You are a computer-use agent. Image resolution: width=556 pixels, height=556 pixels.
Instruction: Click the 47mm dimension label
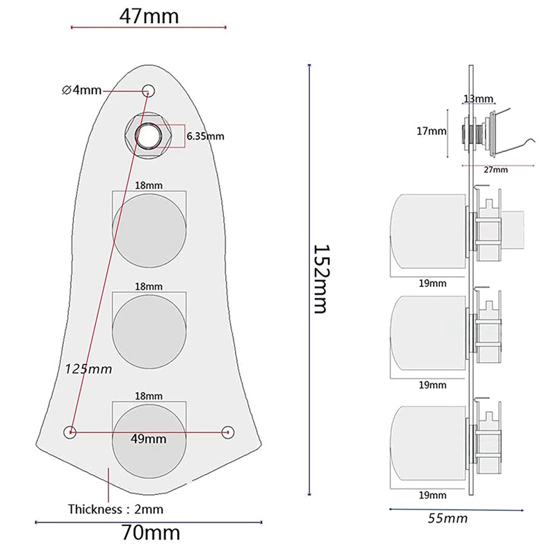point(149,15)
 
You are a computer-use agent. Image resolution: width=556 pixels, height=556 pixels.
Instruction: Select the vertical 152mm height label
point(319,278)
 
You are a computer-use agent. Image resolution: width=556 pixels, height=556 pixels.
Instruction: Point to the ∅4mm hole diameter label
point(81,90)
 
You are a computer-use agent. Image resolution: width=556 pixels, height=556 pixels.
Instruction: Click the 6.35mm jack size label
point(205,136)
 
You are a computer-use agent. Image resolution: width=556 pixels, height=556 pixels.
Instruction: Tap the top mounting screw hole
point(148,90)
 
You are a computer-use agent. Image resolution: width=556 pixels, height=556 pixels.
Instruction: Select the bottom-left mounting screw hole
point(70,432)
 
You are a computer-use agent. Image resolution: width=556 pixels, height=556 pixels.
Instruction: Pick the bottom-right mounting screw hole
point(227,432)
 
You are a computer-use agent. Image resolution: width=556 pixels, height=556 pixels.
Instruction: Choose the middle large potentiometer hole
point(149,329)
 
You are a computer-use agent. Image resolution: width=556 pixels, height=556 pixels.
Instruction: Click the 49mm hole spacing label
point(149,439)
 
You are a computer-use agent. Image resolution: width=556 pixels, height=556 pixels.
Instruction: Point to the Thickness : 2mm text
point(115,509)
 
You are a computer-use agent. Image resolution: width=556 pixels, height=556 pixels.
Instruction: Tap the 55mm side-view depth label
point(448,518)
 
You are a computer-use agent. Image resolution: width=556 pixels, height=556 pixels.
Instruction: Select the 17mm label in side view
point(437,131)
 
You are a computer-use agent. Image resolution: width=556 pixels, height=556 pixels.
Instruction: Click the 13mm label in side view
point(477,99)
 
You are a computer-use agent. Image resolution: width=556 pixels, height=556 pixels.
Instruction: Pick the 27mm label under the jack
point(495,170)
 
